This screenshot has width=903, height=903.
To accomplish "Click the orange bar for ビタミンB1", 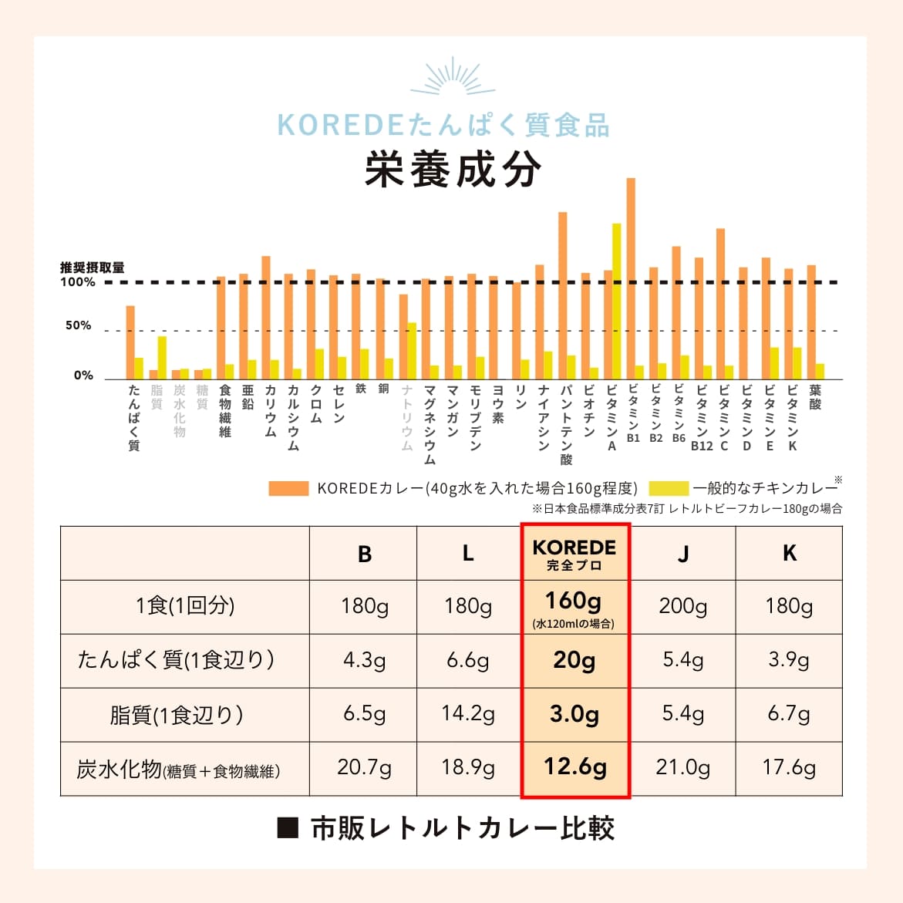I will point(631,278).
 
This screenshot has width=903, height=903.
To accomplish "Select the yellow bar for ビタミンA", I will point(616,301).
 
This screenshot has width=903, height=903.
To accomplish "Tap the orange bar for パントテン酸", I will point(563,295).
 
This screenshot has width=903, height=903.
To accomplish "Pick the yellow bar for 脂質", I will point(162,358).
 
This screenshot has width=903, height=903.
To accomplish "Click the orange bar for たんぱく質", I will point(130,342).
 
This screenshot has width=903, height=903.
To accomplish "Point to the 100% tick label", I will point(78,282).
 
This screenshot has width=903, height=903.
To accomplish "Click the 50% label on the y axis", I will point(78,325).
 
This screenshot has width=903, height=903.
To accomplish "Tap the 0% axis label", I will point(83,376).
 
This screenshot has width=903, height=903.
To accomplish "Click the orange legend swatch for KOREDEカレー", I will point(288,488).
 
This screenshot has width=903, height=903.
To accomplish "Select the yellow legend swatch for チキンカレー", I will point(668,488).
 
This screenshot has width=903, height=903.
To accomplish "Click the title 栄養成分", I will point(453,170).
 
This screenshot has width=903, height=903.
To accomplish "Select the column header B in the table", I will point(365,554).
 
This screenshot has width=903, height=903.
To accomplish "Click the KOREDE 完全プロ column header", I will point(574,554).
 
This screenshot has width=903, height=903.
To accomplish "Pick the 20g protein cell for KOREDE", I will point(574,661).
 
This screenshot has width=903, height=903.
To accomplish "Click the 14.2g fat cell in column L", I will point(468,714).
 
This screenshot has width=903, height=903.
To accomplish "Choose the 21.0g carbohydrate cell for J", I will point(682,768).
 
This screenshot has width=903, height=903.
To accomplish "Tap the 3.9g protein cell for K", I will point(789,661).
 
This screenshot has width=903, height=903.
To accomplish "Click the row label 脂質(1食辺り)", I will point(177,715).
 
